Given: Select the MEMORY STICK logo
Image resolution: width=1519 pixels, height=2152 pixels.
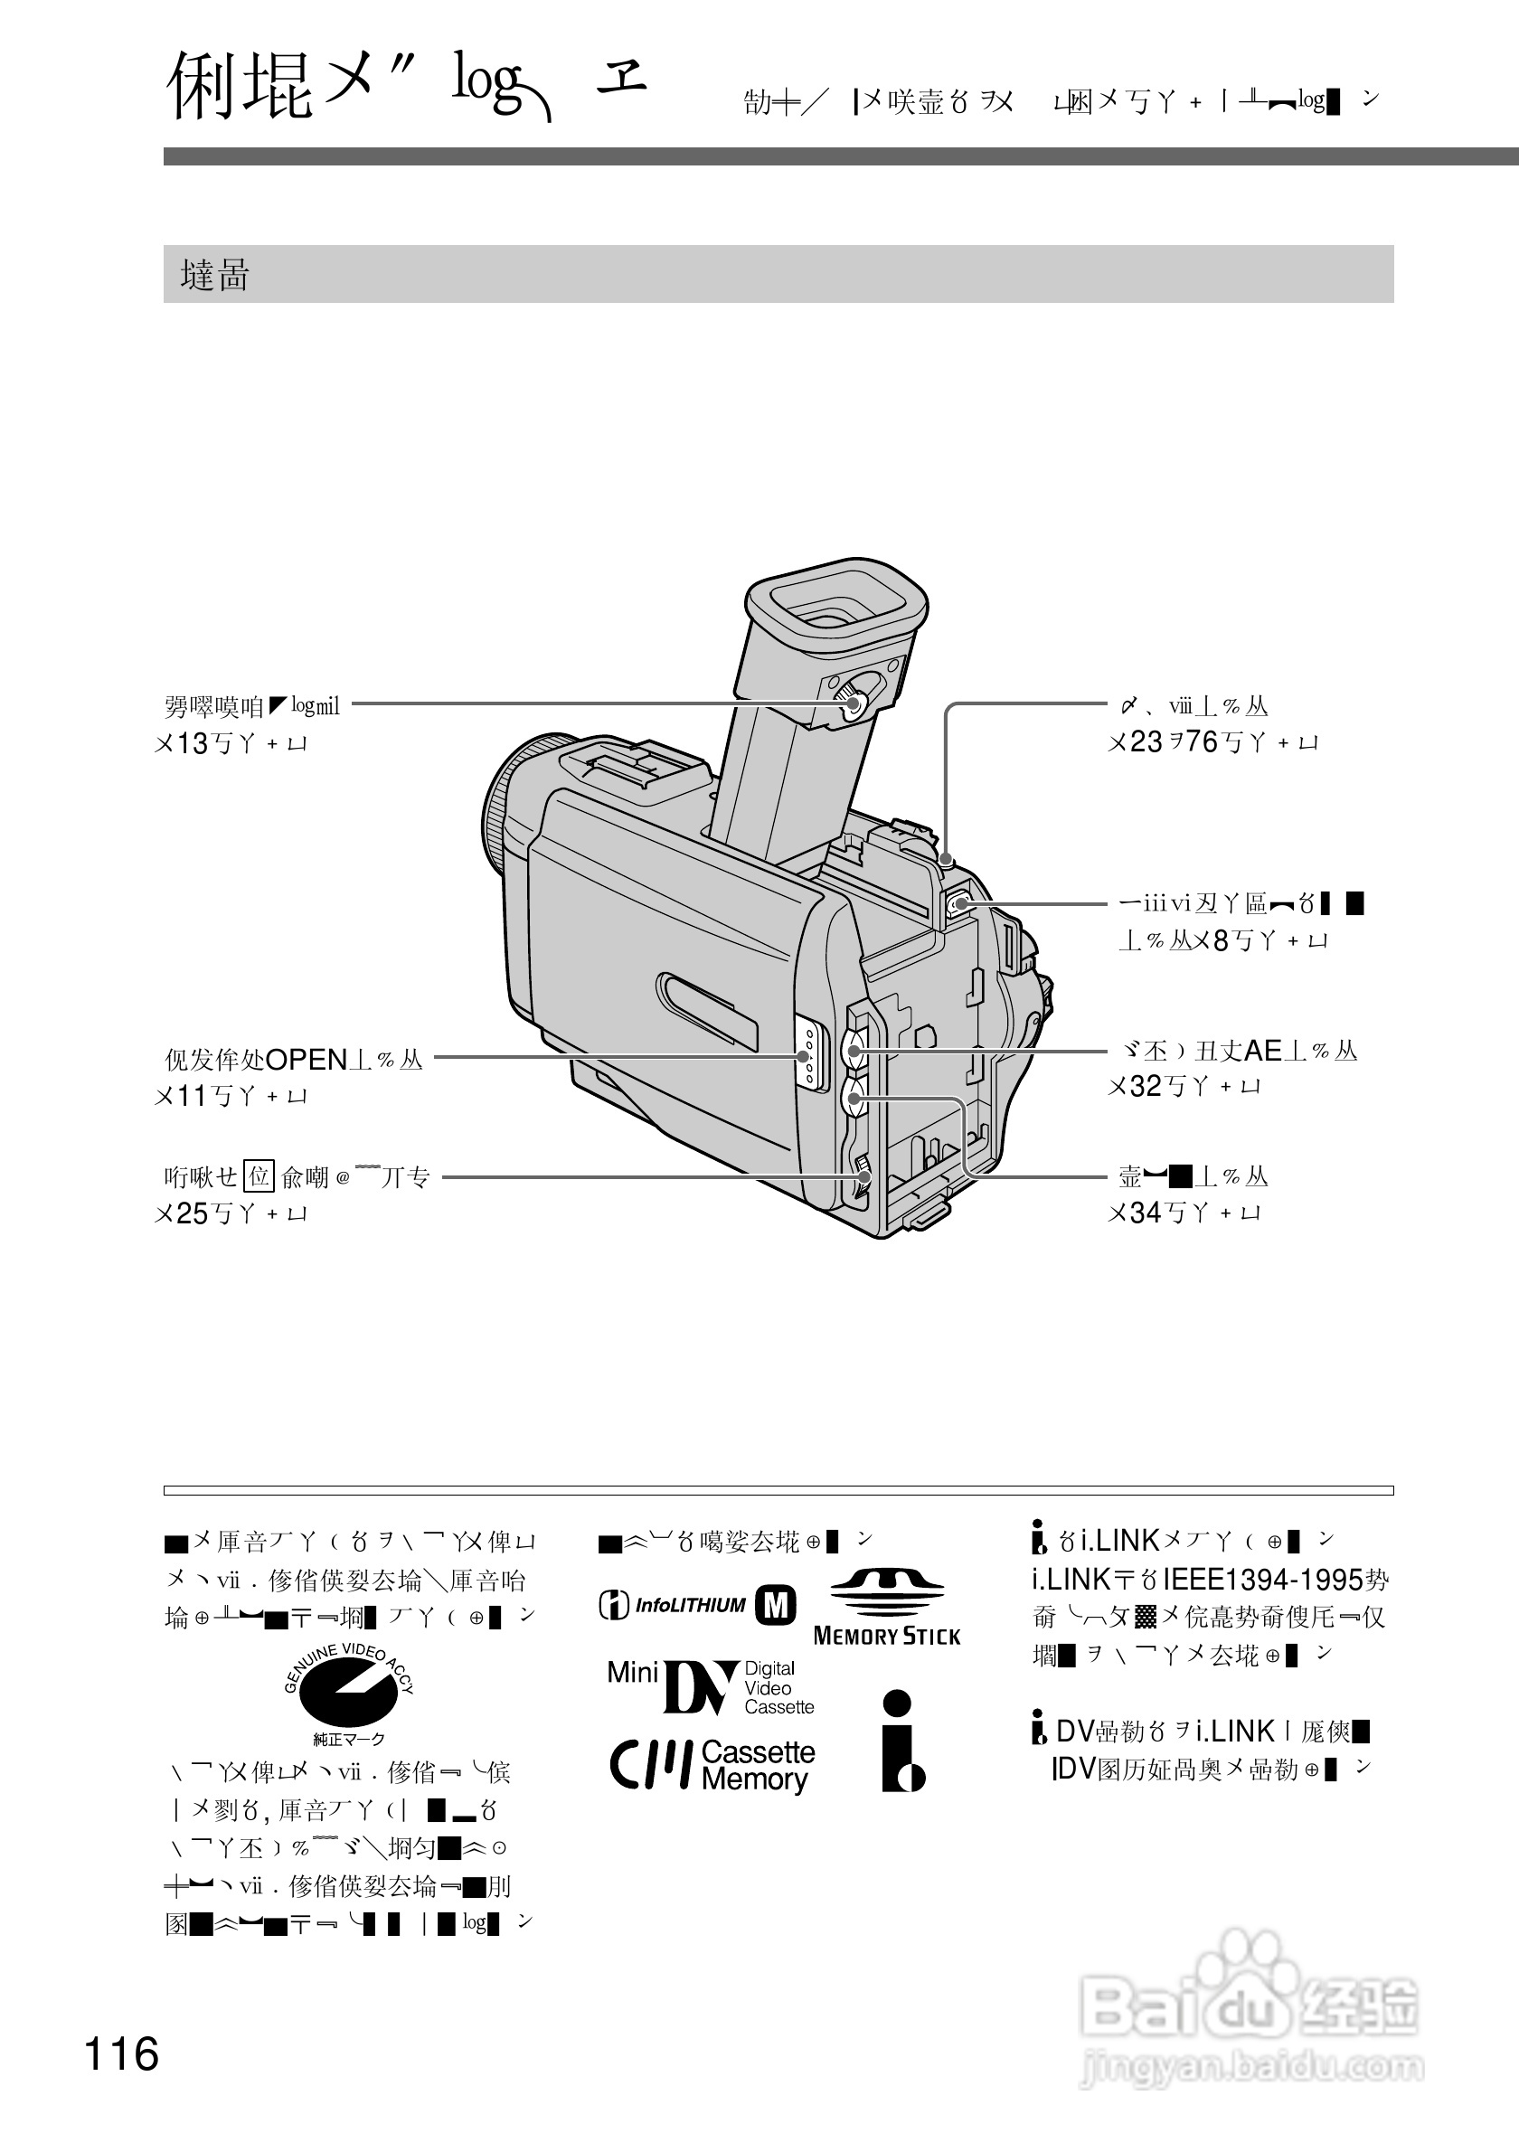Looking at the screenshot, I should tap(886, 1608).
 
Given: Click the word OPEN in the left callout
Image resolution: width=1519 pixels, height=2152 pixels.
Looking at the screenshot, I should tap(307, 1060).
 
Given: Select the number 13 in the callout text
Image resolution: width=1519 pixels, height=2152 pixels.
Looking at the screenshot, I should tap(192, 744).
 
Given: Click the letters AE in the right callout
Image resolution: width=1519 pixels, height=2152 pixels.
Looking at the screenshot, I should tap(1262, 1051).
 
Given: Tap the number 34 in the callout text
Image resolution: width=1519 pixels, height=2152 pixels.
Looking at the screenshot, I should tap(1145, 1213).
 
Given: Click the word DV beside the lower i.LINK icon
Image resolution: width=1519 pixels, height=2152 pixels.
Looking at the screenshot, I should tap(1074, 1732).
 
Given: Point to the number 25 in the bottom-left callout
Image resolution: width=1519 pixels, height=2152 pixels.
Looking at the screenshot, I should tap(192, 1213).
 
